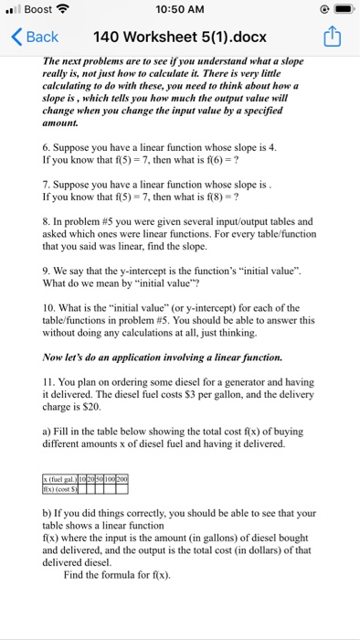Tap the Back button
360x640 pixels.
(36, 37)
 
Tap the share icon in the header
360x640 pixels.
(334, 37)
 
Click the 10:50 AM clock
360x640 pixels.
(179, 9)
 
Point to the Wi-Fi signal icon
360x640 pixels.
(64, 9)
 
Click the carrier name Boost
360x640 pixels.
(37, 9)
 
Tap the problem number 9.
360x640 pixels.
(47, 271)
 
